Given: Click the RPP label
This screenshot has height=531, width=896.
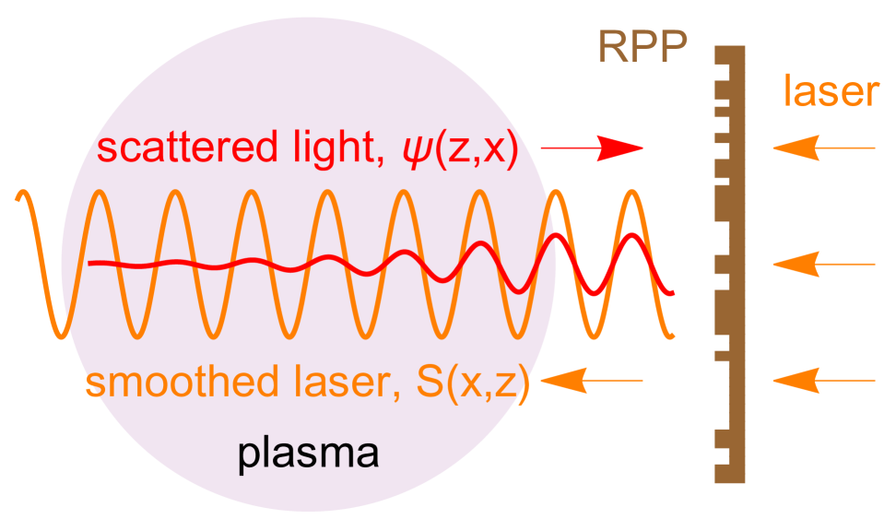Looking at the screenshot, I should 643,47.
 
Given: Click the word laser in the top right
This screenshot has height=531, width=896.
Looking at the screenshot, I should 831,92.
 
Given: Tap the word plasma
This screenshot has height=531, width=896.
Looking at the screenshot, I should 309,454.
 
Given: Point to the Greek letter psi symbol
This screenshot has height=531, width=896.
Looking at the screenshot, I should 407,149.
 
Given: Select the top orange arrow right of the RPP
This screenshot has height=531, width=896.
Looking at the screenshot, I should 823,147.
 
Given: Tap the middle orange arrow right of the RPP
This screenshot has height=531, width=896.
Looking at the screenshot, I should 823,265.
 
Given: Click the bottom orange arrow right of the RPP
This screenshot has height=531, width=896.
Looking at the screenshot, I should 823,380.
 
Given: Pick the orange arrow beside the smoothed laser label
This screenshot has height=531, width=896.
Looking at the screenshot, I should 592,380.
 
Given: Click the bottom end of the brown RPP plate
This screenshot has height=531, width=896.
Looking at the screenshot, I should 729,478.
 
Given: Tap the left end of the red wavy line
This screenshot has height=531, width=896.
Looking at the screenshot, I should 90,265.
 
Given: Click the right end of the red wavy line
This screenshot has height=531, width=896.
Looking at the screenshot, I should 676,293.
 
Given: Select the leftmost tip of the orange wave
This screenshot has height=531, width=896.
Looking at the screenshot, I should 17,195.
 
